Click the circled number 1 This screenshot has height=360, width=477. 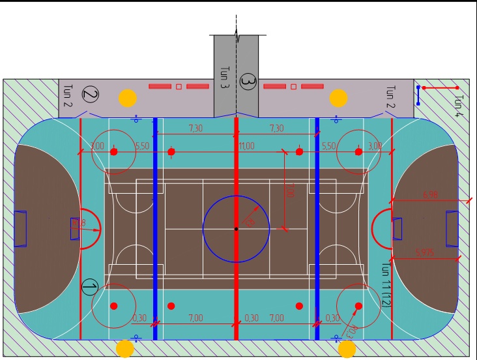(x=90, y=287)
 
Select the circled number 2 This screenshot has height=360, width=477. (x=91, y=95)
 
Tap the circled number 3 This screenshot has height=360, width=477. (x=248, y=82)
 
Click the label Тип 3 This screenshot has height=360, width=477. (x=225, y=78)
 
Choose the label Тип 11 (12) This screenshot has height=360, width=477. (x=386, y=286)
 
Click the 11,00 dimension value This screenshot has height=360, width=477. (x=246, y=146)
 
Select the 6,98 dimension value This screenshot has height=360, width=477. (x=431, y=194)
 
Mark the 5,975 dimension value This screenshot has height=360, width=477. (x=425, y=252)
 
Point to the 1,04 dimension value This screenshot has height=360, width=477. (x=351, y=330)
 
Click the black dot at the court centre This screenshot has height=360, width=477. (x=237, y=229)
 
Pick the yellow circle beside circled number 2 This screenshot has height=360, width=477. (x=128, y=98)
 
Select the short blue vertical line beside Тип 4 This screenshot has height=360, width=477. (x=418, y=95)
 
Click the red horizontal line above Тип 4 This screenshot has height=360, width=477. (x=441, y=87)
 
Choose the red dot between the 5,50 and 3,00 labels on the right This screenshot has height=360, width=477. (x=358, y=152)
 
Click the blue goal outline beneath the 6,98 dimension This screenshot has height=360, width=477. (x=452, y=229)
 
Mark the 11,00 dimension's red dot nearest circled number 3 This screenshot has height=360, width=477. (x=299, y=152)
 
